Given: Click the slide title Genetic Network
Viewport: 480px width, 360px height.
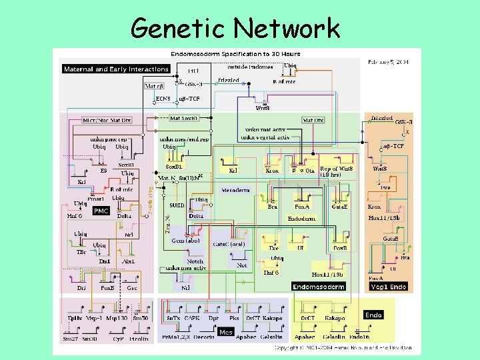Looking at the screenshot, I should click(235, 28).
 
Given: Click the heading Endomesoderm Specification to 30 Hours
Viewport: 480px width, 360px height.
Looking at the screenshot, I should click(235, 54).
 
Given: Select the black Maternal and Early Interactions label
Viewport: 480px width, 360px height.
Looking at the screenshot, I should click(116, 69).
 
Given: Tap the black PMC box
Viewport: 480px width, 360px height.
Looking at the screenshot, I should click(101, 211).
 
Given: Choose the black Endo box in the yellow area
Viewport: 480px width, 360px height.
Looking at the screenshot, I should click(373, 315).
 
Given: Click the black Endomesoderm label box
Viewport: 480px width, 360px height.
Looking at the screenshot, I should click(319, 286).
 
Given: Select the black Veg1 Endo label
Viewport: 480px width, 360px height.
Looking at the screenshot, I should click(388, 286).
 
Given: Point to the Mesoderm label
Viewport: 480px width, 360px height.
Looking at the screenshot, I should click(235, 191).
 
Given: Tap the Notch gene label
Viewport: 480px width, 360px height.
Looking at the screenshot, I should click(195, 261).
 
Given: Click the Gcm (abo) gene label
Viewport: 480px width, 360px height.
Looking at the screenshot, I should click(185, 241).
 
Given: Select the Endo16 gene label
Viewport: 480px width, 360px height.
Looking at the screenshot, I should click(359, 329).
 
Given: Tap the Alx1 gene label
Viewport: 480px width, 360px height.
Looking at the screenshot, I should click(128, 261).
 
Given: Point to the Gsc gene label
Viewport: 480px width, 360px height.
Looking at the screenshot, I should click(133, 288).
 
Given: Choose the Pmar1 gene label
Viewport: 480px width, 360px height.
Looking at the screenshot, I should click(95, 198).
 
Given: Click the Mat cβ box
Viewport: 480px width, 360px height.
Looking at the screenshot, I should click(154, 85).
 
